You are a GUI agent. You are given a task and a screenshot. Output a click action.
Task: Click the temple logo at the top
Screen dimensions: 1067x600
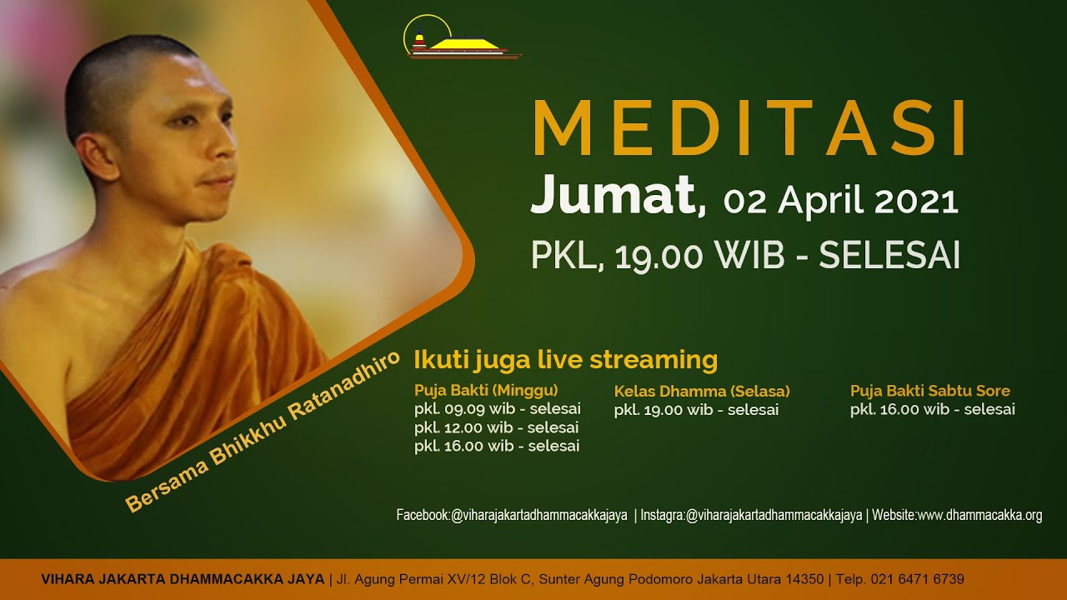pyautogui.click(x=461, y=38)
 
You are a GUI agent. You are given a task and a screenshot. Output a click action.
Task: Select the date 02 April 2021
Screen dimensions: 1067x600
pyautogui.click(x=841, y=200)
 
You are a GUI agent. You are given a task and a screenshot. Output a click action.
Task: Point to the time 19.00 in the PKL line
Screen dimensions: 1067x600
pyautogui.click(x=659, y=256)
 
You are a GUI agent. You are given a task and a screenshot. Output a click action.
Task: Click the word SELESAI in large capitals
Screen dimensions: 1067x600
pyautogui.click(x=889, y=255)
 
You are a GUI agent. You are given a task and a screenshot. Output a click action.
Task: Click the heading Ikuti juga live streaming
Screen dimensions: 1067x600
pyautogui.click(x=565, y=359)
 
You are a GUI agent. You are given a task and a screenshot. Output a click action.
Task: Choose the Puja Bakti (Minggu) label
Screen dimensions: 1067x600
pyautogui.click(x=486, y=391)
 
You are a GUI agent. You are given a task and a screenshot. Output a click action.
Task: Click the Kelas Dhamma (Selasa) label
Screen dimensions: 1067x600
pyautogui.click(x=702, y=392)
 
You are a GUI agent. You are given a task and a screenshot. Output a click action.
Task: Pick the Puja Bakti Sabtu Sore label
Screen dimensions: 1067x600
pyautogui.click(x=929, y=391)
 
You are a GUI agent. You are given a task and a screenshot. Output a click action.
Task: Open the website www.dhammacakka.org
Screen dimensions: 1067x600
pyautogui.click(x=979, y=515)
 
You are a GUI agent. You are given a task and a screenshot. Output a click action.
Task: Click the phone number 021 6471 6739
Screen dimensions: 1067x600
pyautogui.click(x=918, y=579)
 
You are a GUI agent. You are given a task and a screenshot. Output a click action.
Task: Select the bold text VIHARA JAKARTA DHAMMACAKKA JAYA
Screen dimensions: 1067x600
pyautogui.click(x=183, y=579)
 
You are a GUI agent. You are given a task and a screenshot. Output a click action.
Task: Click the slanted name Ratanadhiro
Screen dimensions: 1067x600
pyautogui.click(x=343, y=387)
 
